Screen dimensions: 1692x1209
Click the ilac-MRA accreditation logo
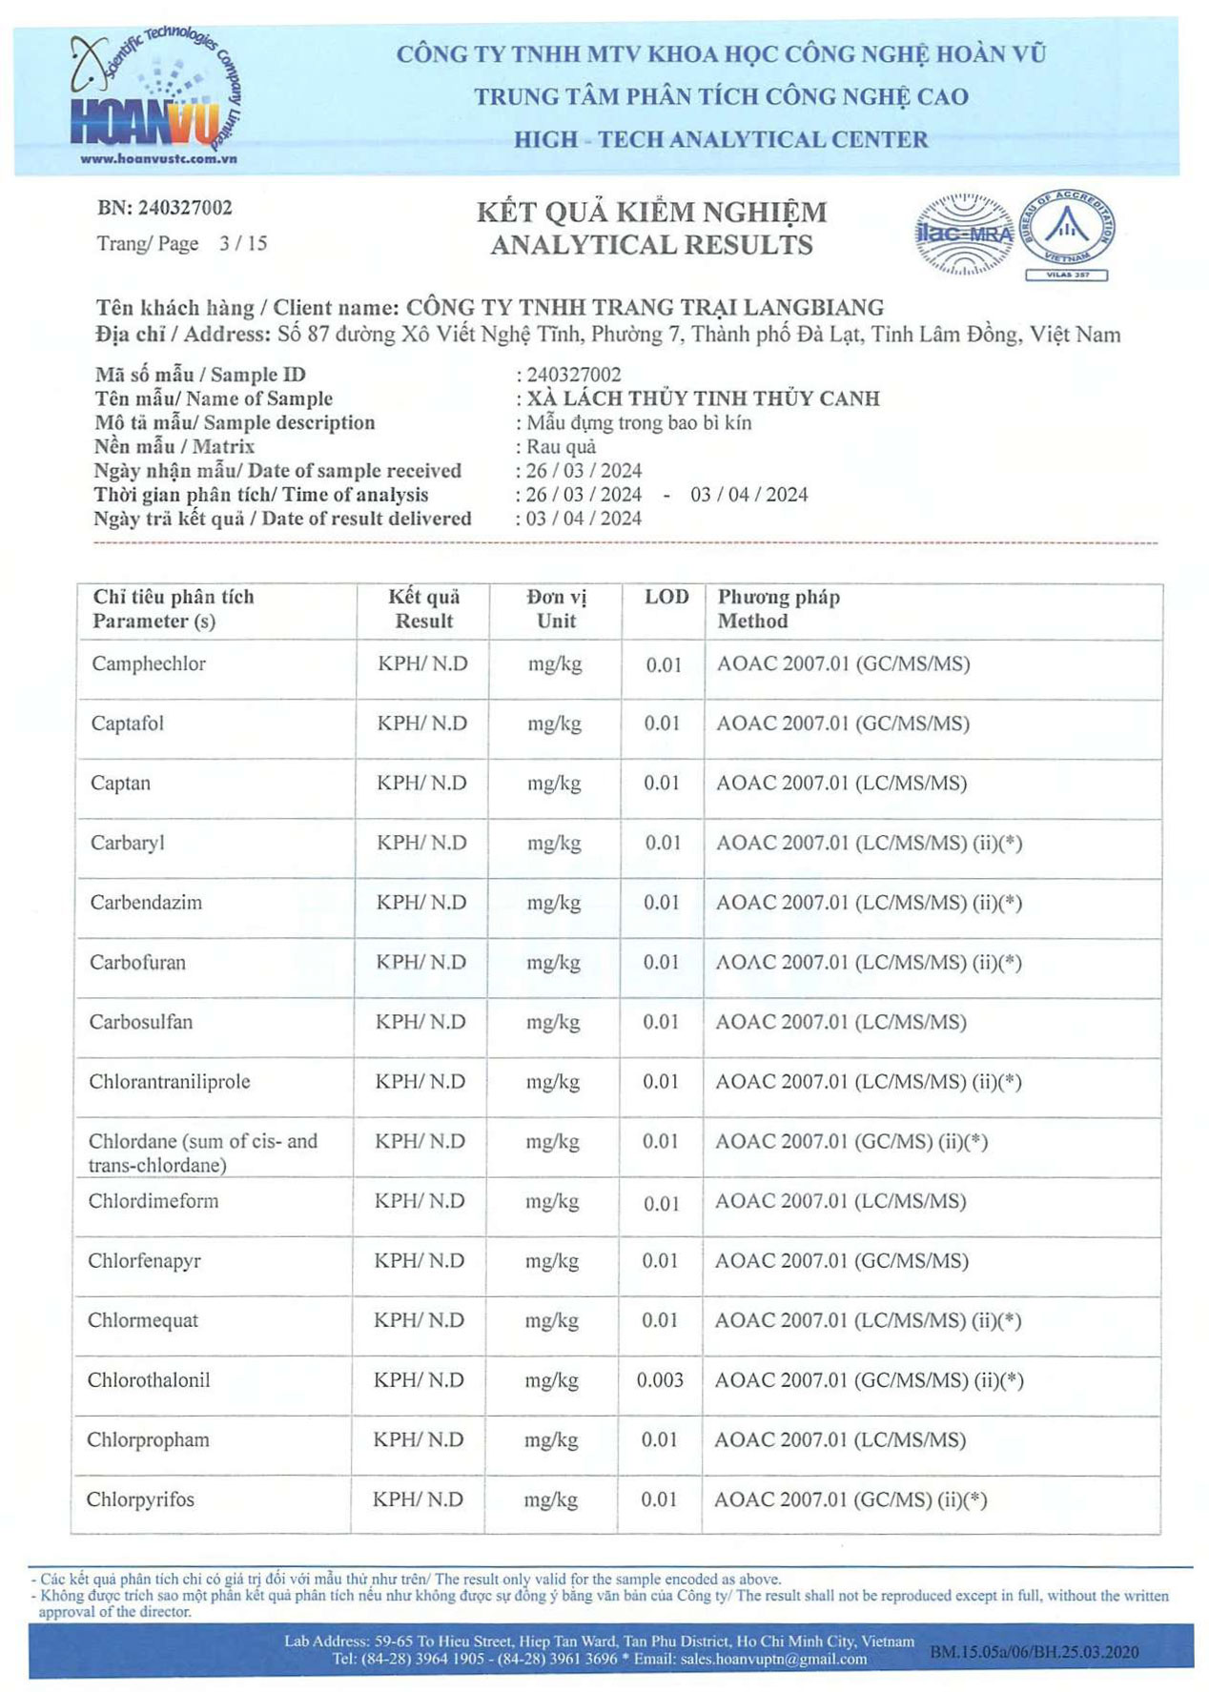(964, 234)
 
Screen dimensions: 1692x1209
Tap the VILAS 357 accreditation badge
(1067, 234)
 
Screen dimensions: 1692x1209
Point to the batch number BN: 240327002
(164, 208)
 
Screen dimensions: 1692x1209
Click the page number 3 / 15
(243, 244)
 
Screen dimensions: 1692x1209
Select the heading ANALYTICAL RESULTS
(651, 246)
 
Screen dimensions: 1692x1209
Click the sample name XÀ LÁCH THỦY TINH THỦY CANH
(703, 398)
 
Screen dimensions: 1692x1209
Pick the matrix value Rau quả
(561, 447)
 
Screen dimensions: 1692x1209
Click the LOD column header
(666, 598)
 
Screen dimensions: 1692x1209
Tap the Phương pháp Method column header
(778, 609)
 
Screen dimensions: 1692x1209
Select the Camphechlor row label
(148, 664)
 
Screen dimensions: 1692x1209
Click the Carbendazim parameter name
(146, 903)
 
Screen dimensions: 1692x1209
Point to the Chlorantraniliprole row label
(169, 1082)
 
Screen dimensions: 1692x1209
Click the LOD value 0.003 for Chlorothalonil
(660, 1380)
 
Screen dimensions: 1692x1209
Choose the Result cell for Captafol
(421, 724)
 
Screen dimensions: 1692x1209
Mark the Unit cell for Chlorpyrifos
(550, 1500)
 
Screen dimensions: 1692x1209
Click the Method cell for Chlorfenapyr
(841, 1261)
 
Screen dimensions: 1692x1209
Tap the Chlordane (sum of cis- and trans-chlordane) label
(202, 1152)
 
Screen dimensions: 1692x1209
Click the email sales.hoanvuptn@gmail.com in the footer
(773, 1660)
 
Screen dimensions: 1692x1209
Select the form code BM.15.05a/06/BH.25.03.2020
(1034, 1652)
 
